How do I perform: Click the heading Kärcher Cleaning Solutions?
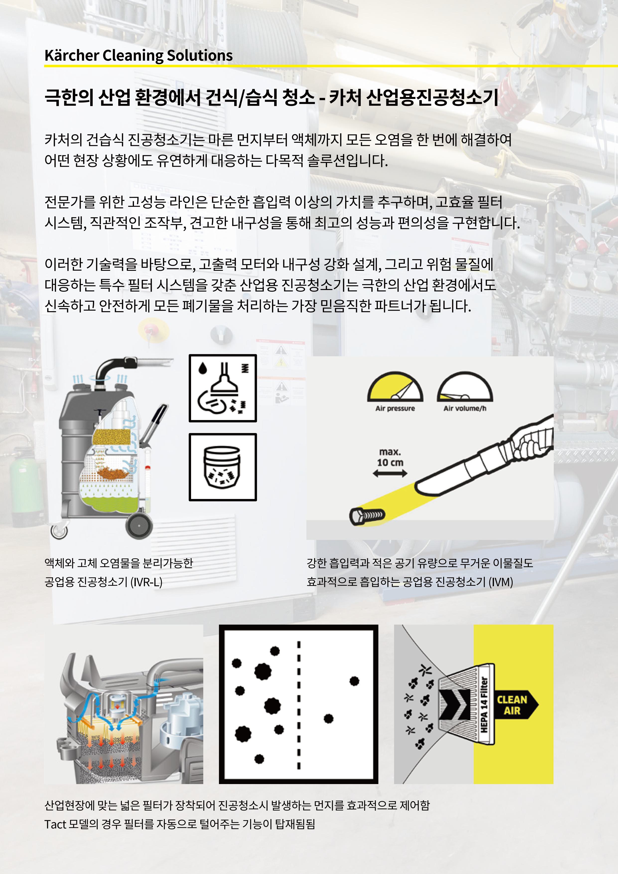(138, 56)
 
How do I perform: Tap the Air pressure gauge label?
(395, 408)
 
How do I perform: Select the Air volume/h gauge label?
(465, 408)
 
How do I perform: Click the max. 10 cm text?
(390, 457)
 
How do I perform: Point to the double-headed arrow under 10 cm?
(390, 474)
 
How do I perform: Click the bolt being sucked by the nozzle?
(367, 516)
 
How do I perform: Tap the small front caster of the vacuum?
(59, 531)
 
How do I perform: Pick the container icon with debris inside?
(223, 467)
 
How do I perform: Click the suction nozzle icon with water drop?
(223, 388)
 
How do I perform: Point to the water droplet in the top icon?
(203, 368)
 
